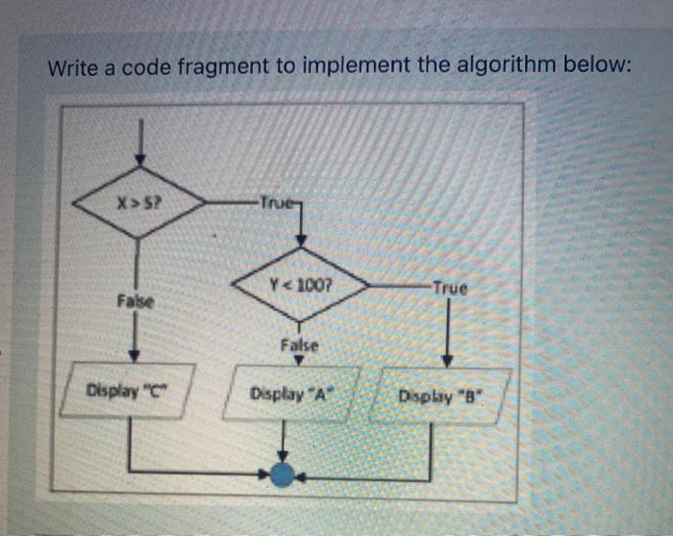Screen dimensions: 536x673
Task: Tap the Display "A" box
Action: point(290,393)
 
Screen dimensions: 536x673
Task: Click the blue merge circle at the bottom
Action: point(282,473)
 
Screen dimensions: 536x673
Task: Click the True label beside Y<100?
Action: point(448,287)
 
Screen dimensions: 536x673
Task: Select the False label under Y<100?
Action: point(299,345)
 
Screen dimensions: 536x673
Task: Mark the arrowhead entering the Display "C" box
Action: point(135,355)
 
